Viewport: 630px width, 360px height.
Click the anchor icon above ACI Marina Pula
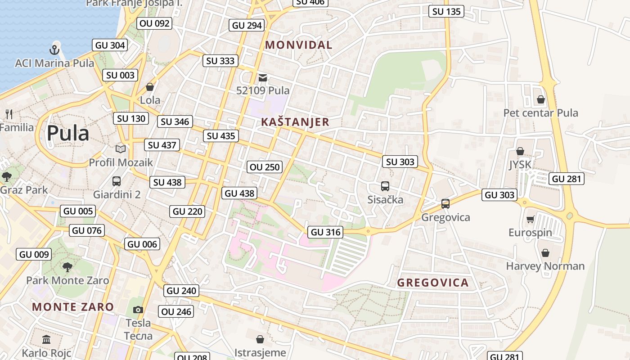coord(54,49)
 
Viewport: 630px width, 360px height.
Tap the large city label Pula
coord(68,134)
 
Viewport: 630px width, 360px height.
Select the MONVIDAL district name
coord(298,45)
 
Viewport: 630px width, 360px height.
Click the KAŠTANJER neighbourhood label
coord(295,122)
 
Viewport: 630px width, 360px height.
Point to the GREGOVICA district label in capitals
coord(433,283)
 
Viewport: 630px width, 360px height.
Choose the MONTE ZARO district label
coord(73,307)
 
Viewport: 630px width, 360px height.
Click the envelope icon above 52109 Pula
coord(263,78)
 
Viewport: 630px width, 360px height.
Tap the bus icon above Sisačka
coord(385,186)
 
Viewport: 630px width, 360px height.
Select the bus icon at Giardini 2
coord(117,181)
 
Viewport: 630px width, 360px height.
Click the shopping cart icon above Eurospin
coord(530,220)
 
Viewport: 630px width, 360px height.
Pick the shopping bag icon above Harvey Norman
coord(545,253)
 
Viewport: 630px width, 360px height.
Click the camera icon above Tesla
coord(138,310)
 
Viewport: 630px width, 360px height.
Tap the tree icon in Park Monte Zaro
coord(67,267)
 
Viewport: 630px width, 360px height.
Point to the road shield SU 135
coord(446,12)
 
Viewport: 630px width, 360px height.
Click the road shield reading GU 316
coord(325,232)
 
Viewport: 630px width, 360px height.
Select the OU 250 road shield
coord(265,167)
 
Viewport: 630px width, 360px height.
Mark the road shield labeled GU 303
coord(499,195)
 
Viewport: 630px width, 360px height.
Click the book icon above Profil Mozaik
coord(120,149)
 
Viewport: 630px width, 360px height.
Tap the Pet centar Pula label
coord(540,113)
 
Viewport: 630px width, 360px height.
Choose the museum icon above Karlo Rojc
coord(46,339)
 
